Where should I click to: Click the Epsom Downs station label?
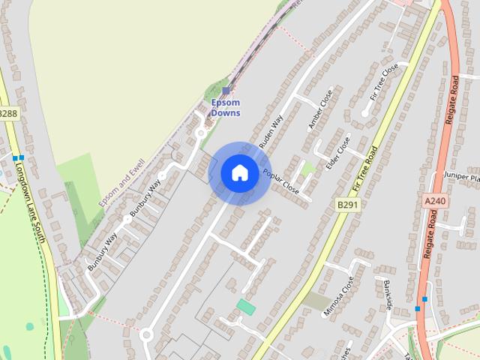(x=226, y=107)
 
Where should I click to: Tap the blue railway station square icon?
(x=226, y=91)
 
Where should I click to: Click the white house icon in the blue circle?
(x=239, y=173)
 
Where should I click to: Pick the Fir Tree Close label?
(x=385, y=82)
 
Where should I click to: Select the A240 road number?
(x=434, y=201)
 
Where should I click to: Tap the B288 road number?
(x=7, y=113)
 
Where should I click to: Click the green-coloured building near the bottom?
(x=246, y=306)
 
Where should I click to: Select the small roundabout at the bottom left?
(x=146, y=334)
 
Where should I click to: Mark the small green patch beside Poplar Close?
(x=307, y=169)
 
